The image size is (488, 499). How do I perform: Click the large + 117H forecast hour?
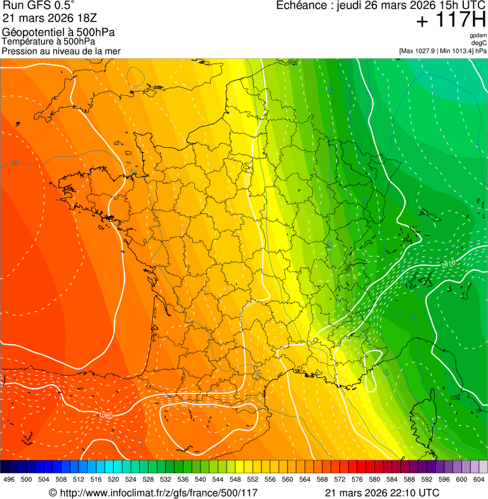[x=451, y=21]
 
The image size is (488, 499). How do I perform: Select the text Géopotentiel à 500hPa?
[x=58, y=32]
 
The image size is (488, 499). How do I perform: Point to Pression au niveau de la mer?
[x=61, y=51]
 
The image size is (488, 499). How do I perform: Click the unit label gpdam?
[x=478, y=36]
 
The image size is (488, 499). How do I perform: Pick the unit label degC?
[x=479, y=43]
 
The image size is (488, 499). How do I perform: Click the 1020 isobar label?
[x=106, y=415]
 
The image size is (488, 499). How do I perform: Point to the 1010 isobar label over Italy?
[x=448, y=263]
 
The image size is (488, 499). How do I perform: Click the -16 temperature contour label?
[x=14, y=164]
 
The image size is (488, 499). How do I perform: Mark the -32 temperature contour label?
[x=330, y=91]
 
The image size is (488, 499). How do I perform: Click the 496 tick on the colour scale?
[x=9, y=480]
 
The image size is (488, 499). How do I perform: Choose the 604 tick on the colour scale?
[x=479, y=480]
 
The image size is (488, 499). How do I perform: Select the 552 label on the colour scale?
[x=253, y=480]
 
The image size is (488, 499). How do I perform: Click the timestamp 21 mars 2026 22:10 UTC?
[x=381, y=493]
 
